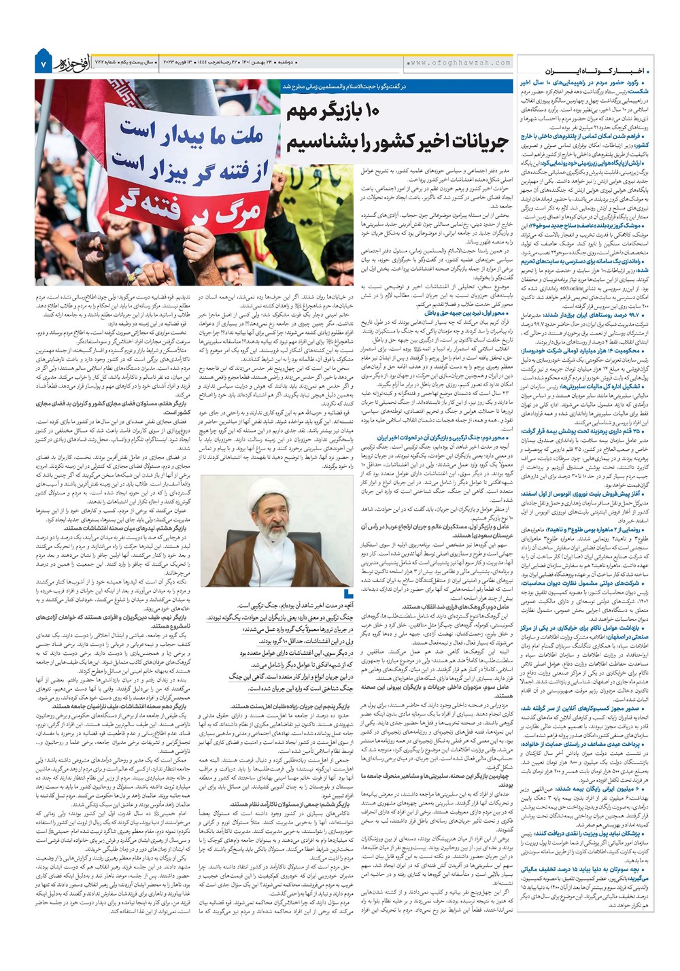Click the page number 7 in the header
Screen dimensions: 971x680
43,64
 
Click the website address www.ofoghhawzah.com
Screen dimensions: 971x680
461,63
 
